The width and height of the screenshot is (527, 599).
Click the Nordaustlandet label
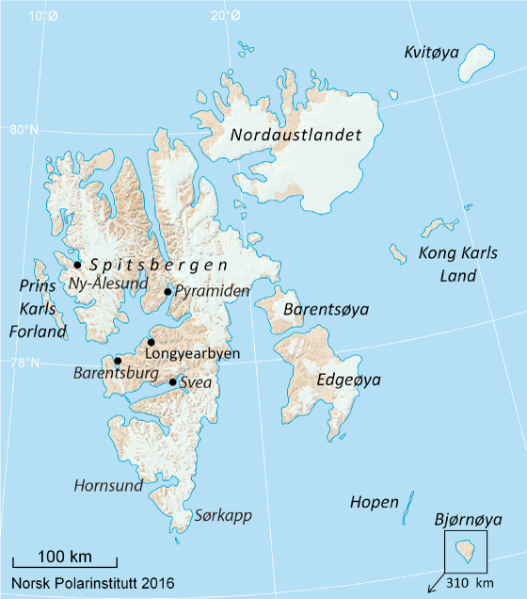pyautogui.click(x=296, y=136)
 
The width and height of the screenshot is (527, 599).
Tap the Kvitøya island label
pyautogui.click(x=432, y=51)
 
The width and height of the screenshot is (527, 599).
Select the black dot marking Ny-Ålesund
pyautogui.click(x=77, y=265)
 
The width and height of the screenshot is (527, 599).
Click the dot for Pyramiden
pyautogui.click(x=168, y=292)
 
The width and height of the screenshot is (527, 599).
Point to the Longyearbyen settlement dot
pyautogui.click(x=151, y=343)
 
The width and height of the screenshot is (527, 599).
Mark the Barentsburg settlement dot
pyautogui.click(x=118, y=361)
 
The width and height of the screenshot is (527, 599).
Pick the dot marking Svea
pyautogui.click(x=172, y=382)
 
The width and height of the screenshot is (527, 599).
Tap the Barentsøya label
pyautogui.click(x=327, y=310)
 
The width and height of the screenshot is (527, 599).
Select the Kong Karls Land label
pyautogui.click(x=442, y=265)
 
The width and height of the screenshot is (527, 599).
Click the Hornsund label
pyautogui.click(x=109, y=486)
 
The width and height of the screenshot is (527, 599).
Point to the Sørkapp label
pyautogui.click(x=224, y=515)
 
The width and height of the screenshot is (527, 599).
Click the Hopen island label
pyautogui.click(x=375, y=502)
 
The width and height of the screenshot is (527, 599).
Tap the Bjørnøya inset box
pyautogui.click(x=465, y=551)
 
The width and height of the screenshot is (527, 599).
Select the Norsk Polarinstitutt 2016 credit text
pyautogui.click(x=93, y=583)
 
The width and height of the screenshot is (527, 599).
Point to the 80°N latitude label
pyautogui.click(x=24, y=130)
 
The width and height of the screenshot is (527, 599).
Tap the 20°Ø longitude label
pyautogui.click(x=225, y=15)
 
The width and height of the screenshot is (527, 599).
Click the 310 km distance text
pyautogui.click(x=471, y=584)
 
